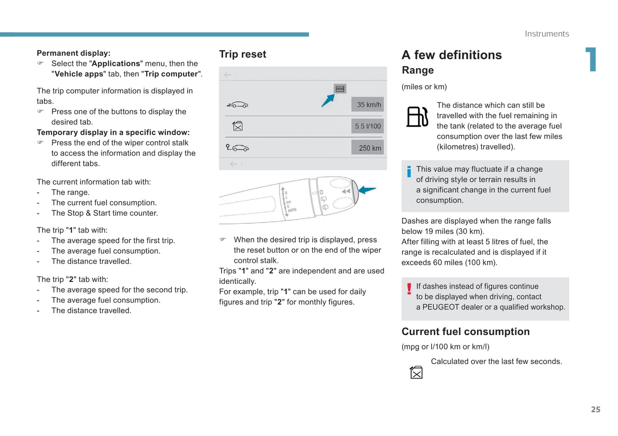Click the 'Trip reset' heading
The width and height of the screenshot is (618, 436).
click(242, 54)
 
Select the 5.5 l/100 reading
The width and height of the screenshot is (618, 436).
click(368, 126)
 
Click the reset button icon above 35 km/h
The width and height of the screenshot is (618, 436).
click(340, 89)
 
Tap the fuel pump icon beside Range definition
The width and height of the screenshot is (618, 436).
click(417, 116)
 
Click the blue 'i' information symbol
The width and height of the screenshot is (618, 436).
click(409, 172)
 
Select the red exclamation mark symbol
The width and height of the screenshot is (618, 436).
click(409, 289)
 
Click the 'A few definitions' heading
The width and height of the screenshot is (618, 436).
click(452, 55)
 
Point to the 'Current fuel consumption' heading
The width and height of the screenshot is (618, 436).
click(465, 332)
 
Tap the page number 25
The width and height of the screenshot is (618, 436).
click(595, 409)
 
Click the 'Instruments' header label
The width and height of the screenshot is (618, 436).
click(547, 34)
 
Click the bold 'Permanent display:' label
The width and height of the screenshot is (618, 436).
click(74, 53)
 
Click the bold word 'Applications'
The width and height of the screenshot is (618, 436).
click(116, 63)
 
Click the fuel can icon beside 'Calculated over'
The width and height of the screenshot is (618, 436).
click(416, 372)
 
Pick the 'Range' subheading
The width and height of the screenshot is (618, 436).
click(418, 70)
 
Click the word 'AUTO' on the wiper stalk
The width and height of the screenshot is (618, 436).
click(292, 210)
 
